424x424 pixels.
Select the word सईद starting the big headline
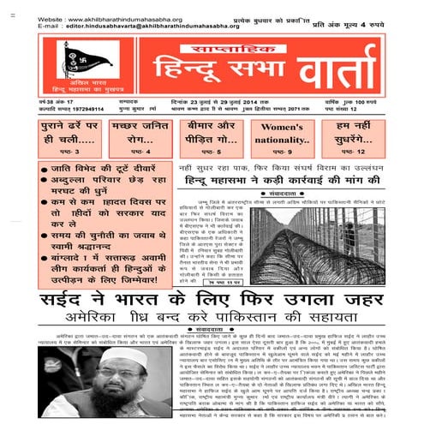pyautogui.click(x=51, y=302)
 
